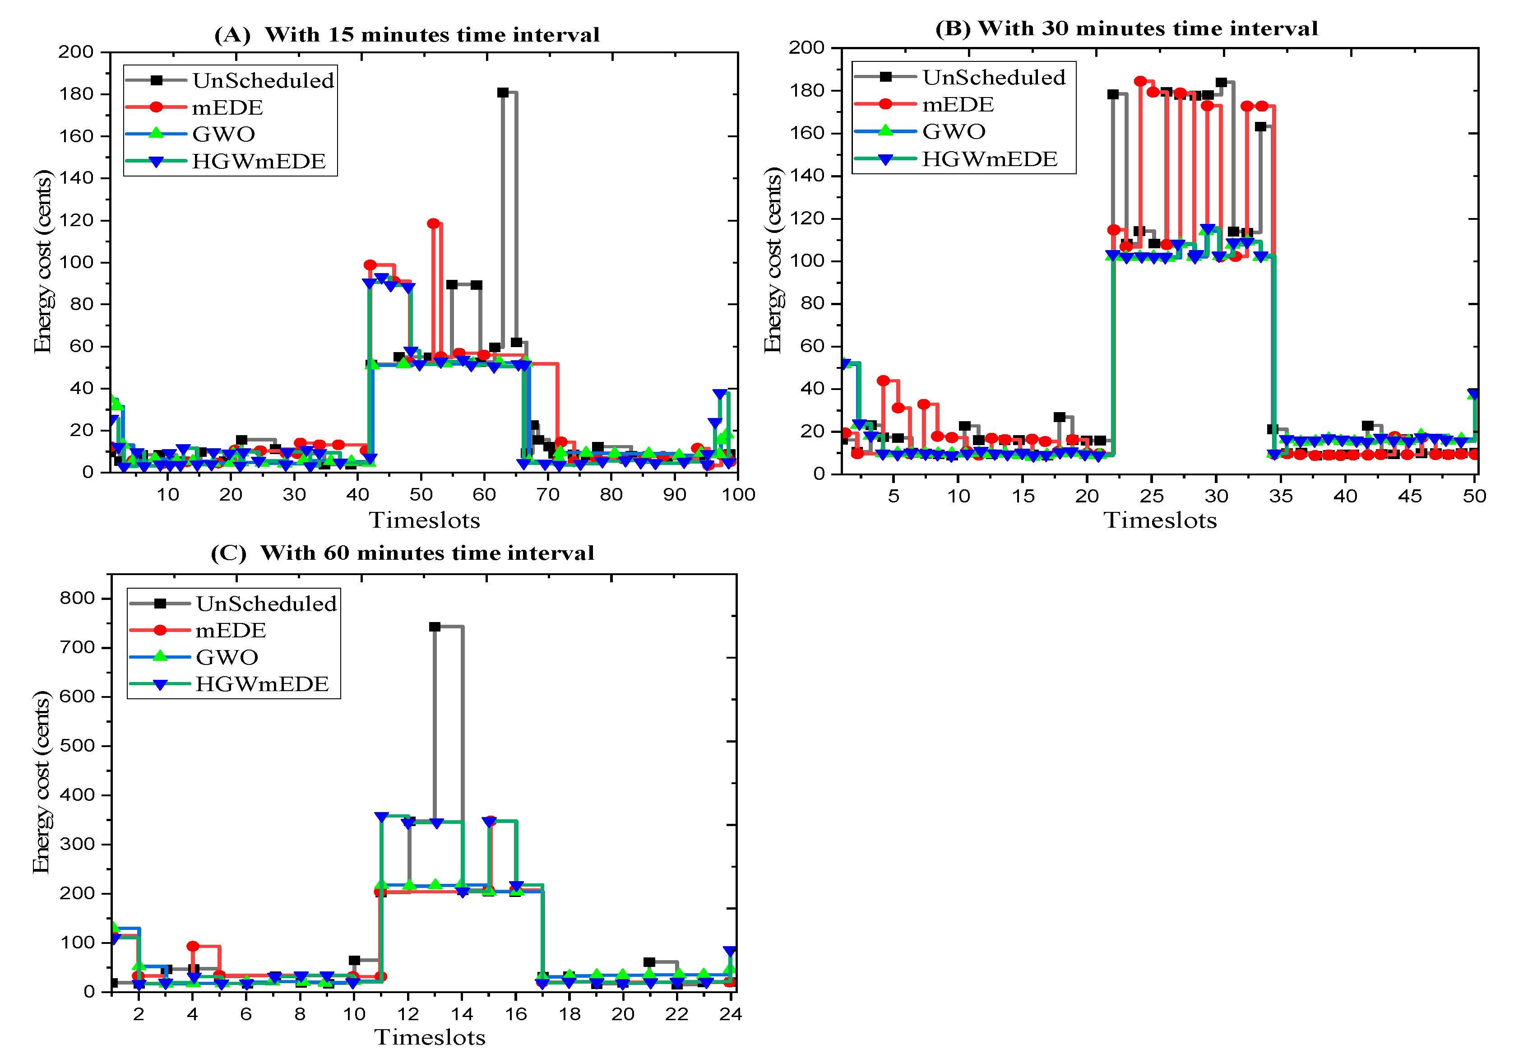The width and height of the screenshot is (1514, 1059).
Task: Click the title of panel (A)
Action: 407,34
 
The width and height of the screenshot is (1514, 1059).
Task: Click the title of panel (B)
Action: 1126,28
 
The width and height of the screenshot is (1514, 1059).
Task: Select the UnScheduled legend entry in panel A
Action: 263,80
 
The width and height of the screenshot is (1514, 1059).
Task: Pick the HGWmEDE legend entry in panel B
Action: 989,159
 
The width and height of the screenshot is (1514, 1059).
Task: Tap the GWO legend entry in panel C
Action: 227,657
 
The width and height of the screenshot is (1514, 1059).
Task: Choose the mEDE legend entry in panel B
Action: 958,104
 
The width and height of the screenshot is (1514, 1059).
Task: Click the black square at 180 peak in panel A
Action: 502,93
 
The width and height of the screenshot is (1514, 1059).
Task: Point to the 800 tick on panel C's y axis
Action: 78,598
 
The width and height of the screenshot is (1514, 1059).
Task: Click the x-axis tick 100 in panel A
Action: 738,495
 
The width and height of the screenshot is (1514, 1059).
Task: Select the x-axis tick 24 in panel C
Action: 731,1014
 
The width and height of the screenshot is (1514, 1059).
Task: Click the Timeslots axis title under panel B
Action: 1160,520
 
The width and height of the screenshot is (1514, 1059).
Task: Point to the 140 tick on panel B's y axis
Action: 808,176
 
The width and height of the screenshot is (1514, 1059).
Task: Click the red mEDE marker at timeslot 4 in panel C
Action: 193,946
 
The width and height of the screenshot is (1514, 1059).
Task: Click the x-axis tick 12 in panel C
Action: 408,1014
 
